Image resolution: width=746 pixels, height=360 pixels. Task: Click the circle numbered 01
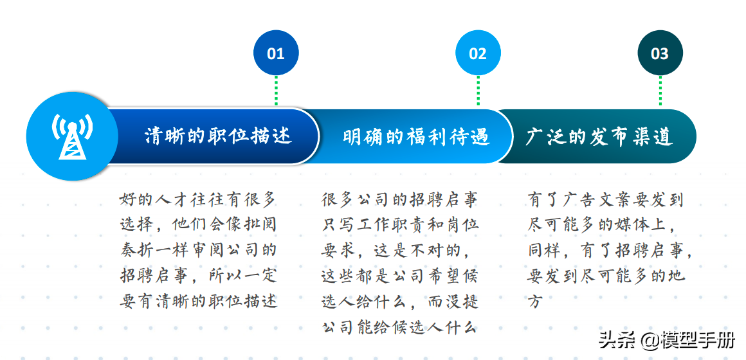(x=276, y=53)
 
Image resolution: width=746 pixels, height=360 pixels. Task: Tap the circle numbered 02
(x=478, y=53)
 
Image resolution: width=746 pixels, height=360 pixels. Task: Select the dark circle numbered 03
(x=660, y=53)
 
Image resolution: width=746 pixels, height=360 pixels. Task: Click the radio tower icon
(x=72, y=136)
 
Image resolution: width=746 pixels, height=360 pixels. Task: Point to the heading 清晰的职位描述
(x=218, y=136)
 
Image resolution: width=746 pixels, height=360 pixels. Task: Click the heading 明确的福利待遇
(x=416, y=137)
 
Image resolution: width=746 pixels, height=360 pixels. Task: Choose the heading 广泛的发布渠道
(x=599, y=137)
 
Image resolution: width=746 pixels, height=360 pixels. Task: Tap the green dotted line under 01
(x=276, y=91)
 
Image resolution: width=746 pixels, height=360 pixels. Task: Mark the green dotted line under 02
(x=478, y=91)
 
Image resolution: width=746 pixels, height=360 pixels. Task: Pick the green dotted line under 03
(x=660, y=91)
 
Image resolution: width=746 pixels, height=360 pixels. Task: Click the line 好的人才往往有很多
(x=198, y=199)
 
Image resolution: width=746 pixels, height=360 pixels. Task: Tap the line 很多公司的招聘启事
(x=399, y=199)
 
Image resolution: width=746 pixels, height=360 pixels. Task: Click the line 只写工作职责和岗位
(x=399, y=225)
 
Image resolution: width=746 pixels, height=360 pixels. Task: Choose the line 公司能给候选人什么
(x=399, y=327)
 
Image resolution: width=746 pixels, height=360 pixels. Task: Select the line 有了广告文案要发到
(x=606, y=199)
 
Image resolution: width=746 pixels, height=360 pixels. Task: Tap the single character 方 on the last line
(x=535, y=301)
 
